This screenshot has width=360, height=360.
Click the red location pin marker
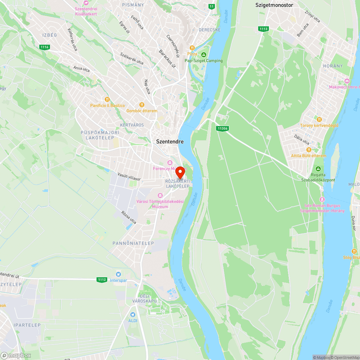[x=180, y=172]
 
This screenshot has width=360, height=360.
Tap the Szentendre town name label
[x=170, y=141]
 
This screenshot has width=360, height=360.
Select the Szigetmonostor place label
[x=274, y=5]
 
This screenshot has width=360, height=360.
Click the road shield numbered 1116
[x=44, y=47]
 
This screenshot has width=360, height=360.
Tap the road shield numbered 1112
[x=102, y=280]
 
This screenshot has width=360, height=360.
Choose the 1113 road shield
[x=264, y=29]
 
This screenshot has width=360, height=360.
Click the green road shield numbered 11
[x=211, y=6]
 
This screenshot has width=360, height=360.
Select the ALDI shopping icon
[x=133, y=315]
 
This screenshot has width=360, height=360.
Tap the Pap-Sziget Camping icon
[x=203, y=55]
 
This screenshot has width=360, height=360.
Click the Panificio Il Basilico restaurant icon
[x=107, y=99]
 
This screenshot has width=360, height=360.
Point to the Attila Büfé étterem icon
[x=309, y=150]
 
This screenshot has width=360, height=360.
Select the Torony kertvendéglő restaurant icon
[x=319, y=120]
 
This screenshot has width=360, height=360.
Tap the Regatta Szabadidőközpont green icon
[x=318, y=169]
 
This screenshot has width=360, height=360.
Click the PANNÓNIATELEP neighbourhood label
[x=133, y=243]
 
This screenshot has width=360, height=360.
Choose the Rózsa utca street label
[x=129, y=217]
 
